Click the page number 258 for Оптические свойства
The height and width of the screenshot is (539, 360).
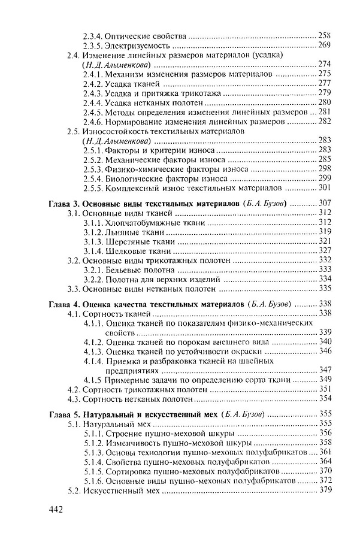tap(325, 35)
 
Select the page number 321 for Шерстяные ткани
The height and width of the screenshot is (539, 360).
tap(325, 241)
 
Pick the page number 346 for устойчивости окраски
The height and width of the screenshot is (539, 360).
tap(325, 351)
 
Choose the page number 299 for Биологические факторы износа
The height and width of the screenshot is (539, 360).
tap(325, 178)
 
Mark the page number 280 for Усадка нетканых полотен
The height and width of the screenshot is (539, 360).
tap(325, 102)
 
